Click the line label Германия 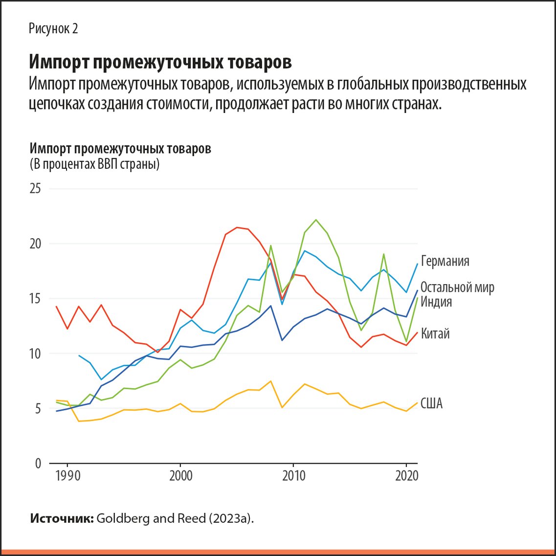445,261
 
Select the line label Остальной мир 457,287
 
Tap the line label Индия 436,302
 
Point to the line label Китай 435,334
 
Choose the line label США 431,404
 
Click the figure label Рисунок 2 53,29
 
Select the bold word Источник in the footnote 62,519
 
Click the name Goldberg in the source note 119,519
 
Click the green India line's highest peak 315,220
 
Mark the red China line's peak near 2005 237,227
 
